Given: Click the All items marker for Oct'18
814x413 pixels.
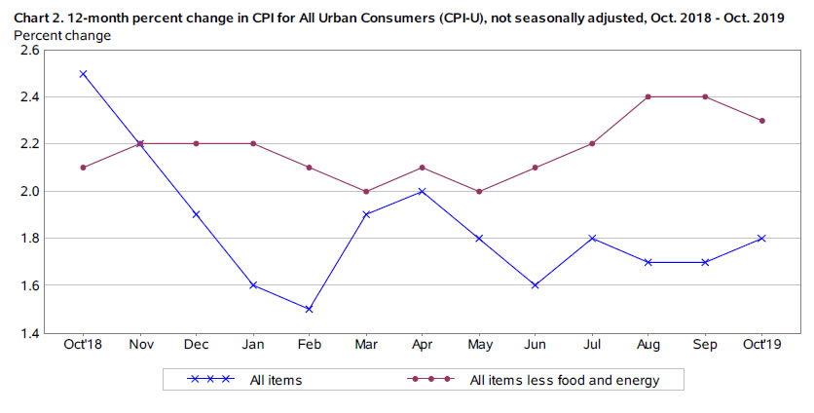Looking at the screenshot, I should click(83, 73).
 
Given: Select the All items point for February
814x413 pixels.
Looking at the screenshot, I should click(309, 309).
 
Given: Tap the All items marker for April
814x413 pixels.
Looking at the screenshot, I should click(422, 191).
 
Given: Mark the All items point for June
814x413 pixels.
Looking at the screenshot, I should click(535, 285).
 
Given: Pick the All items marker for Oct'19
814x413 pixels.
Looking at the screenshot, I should click(761, 238).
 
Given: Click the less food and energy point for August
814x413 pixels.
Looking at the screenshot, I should click(648, 96).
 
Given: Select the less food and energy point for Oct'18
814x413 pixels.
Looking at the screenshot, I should click(83, 168).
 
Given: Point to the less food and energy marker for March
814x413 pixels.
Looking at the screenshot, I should click(365, 191).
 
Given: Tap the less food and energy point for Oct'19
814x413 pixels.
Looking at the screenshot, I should click(761, 121).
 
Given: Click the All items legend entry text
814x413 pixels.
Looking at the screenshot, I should click(277, 380).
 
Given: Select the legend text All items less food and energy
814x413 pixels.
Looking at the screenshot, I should click(564, 380).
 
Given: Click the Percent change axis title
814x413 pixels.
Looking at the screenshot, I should click(62, 35).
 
